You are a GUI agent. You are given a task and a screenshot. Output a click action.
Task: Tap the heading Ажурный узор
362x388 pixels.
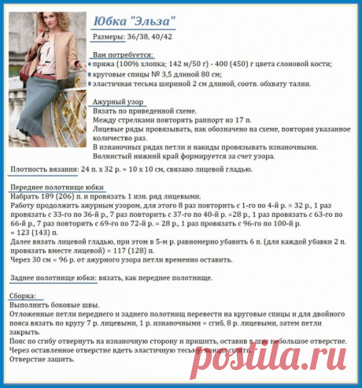click(118, 102)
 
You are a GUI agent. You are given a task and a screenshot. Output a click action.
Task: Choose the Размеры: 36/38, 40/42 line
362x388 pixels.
click(131, 37)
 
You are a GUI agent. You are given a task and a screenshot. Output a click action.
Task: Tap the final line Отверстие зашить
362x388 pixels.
click(39, 359)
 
